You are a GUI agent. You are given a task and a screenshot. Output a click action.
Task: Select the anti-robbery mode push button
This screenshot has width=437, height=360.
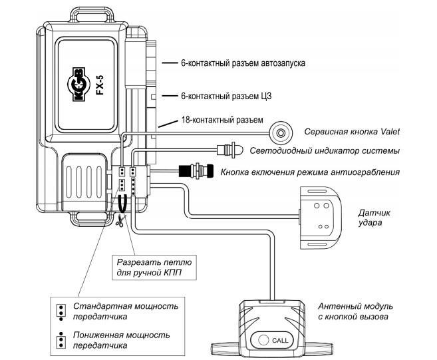(x=197, y=172)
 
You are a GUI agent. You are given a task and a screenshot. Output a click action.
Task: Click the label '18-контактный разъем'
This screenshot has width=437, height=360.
(x=217, y=120)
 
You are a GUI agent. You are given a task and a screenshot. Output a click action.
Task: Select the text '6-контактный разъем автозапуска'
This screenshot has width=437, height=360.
(x=243, y=65)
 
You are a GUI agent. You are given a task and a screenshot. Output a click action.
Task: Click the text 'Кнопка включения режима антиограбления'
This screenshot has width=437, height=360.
(x=310, y=172)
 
